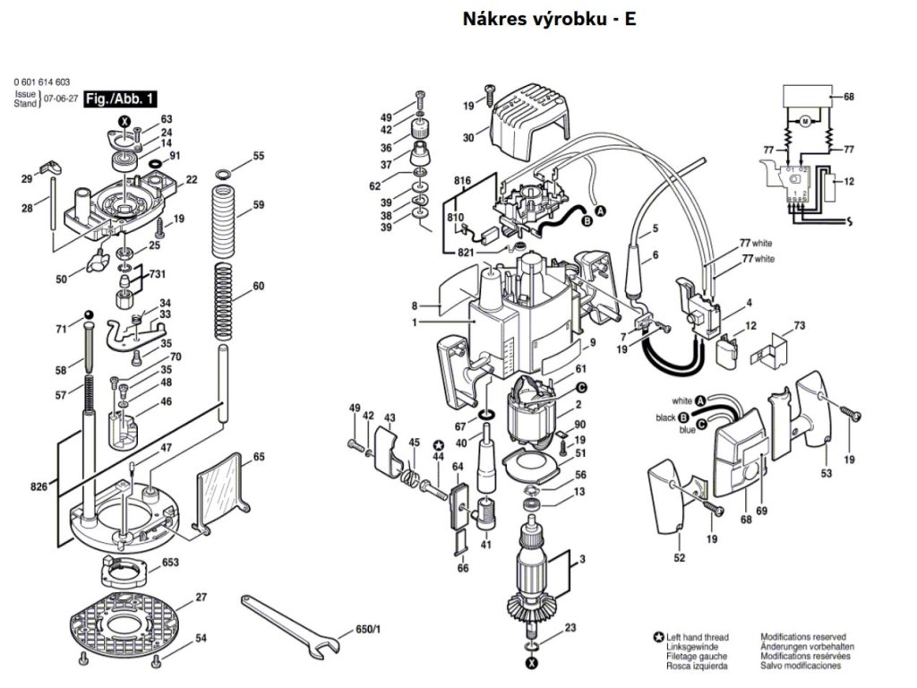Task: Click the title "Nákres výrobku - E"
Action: [550, 19]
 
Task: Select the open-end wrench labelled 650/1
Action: [291, 621]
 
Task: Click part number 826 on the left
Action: [39, 486]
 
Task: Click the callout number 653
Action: [170, 563]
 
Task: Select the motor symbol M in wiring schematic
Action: [804, 121]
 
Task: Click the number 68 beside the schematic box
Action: [849, 97]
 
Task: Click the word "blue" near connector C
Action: [687, 431]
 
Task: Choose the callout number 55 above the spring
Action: [259, 156]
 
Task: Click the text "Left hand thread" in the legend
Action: [698, 637]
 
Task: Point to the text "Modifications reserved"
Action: [802, 637]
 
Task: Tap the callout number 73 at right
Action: [800, 324]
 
